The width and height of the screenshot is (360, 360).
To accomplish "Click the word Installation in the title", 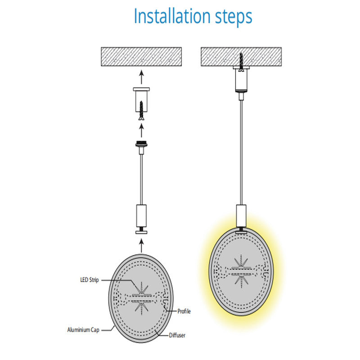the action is pos(172,16).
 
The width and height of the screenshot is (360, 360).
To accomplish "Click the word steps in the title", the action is pos(234,18).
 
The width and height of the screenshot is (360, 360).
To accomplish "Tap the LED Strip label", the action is pos(89,280).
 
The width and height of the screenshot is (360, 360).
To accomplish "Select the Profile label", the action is pos(184,311).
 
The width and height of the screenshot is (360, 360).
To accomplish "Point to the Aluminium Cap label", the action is pos(83,330).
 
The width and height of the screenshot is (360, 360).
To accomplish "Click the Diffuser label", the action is pos(177,335).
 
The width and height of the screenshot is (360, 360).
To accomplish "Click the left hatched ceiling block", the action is pos(141,57).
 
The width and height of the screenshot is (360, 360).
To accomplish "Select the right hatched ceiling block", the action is pos(241,57).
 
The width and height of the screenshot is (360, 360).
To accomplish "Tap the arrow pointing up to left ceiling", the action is pos(141,77).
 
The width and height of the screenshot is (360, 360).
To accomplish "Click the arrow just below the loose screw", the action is pos(141,130).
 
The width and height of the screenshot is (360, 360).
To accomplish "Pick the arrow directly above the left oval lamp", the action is pos(141,246).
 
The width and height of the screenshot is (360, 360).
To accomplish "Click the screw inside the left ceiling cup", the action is pos(141,111).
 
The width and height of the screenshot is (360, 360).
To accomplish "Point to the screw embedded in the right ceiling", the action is pos(241,62).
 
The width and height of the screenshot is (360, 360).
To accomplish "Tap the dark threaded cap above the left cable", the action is pos(141,144).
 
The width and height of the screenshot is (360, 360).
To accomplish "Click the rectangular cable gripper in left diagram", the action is pos(141,216).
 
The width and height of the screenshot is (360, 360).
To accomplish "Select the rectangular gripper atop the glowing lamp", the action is pos(241,216).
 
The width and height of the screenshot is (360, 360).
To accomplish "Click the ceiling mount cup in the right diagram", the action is pos(241,79).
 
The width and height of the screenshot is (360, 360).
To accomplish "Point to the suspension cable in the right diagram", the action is pos(241,153).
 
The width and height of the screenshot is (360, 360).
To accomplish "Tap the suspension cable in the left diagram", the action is pos(141,179).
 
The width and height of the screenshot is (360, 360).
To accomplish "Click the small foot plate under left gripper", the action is pos(141,232).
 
